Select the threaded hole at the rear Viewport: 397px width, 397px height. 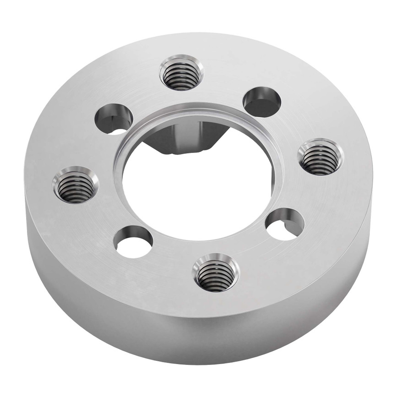(x=181, y=73)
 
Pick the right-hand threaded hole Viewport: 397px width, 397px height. (x=319, y=157)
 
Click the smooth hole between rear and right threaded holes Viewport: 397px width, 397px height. (x=261, y=102)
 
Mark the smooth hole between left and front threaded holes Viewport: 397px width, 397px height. (x=133, y=241)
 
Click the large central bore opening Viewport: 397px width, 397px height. (x=201, y=192)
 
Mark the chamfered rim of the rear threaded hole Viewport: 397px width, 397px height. (x=181, y=59)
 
